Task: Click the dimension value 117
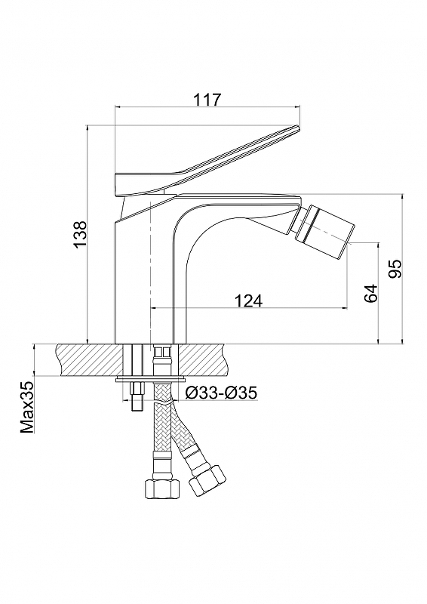(207, 100)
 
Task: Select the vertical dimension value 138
(81, 235)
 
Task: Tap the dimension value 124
(248, 300)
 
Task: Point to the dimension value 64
(370, 294)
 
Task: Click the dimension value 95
(395, 269)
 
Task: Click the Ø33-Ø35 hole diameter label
(220, 393)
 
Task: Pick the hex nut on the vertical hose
(162, 488)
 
